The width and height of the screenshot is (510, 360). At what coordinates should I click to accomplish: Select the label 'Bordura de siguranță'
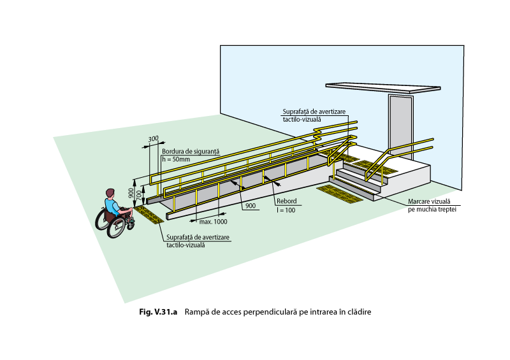point(191,152)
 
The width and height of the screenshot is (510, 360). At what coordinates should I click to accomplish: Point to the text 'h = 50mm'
point(177,159)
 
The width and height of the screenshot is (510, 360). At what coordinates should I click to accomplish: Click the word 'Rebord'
point(285,202)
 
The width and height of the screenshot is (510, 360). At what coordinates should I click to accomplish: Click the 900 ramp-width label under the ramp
point(249,206)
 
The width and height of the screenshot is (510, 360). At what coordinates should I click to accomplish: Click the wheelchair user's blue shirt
point(112,206)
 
